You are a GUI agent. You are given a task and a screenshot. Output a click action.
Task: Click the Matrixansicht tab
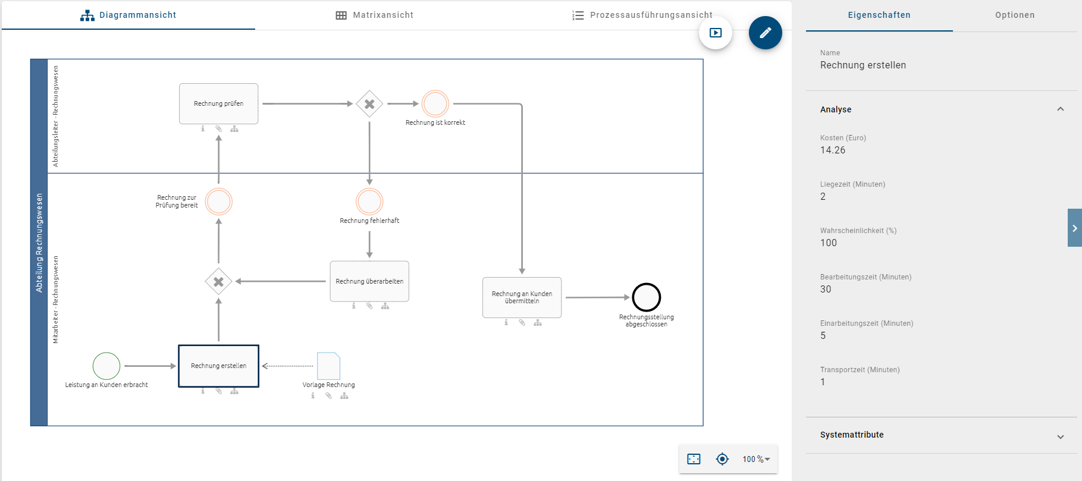(374, 15)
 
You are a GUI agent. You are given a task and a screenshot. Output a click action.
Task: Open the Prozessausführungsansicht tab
(642, 15)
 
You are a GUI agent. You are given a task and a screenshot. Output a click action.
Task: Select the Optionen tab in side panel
(1014, 15)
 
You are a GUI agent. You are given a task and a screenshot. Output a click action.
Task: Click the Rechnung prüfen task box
(218, 103)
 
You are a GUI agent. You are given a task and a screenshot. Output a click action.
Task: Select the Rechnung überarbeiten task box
(369, 281)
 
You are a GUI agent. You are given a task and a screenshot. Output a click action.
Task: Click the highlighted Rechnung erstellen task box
(218, 366)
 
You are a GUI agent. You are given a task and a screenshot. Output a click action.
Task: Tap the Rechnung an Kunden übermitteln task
(522, 297)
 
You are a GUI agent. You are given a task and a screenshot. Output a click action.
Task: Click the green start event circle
(106, 366)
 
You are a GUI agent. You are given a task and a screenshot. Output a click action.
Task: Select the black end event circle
(646, 297)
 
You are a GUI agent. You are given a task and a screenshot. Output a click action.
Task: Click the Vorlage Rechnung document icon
(328, 366)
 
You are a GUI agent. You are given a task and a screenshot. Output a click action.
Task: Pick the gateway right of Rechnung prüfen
(369, 104)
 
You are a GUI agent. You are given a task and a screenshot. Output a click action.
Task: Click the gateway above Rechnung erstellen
(218, 282)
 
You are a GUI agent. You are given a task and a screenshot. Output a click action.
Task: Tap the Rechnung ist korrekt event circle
(435, 103)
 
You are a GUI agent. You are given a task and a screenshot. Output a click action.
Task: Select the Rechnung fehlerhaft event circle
(369, 202)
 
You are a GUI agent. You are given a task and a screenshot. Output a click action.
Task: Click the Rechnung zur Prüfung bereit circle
(218, 202)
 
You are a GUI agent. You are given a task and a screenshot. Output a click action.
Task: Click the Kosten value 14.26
(832, 150)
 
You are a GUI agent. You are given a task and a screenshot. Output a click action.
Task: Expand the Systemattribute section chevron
(1060, 436)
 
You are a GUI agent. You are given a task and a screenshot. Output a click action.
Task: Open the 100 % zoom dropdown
(756, 459)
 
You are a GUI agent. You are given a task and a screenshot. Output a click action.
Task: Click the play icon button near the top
(716, 33)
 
